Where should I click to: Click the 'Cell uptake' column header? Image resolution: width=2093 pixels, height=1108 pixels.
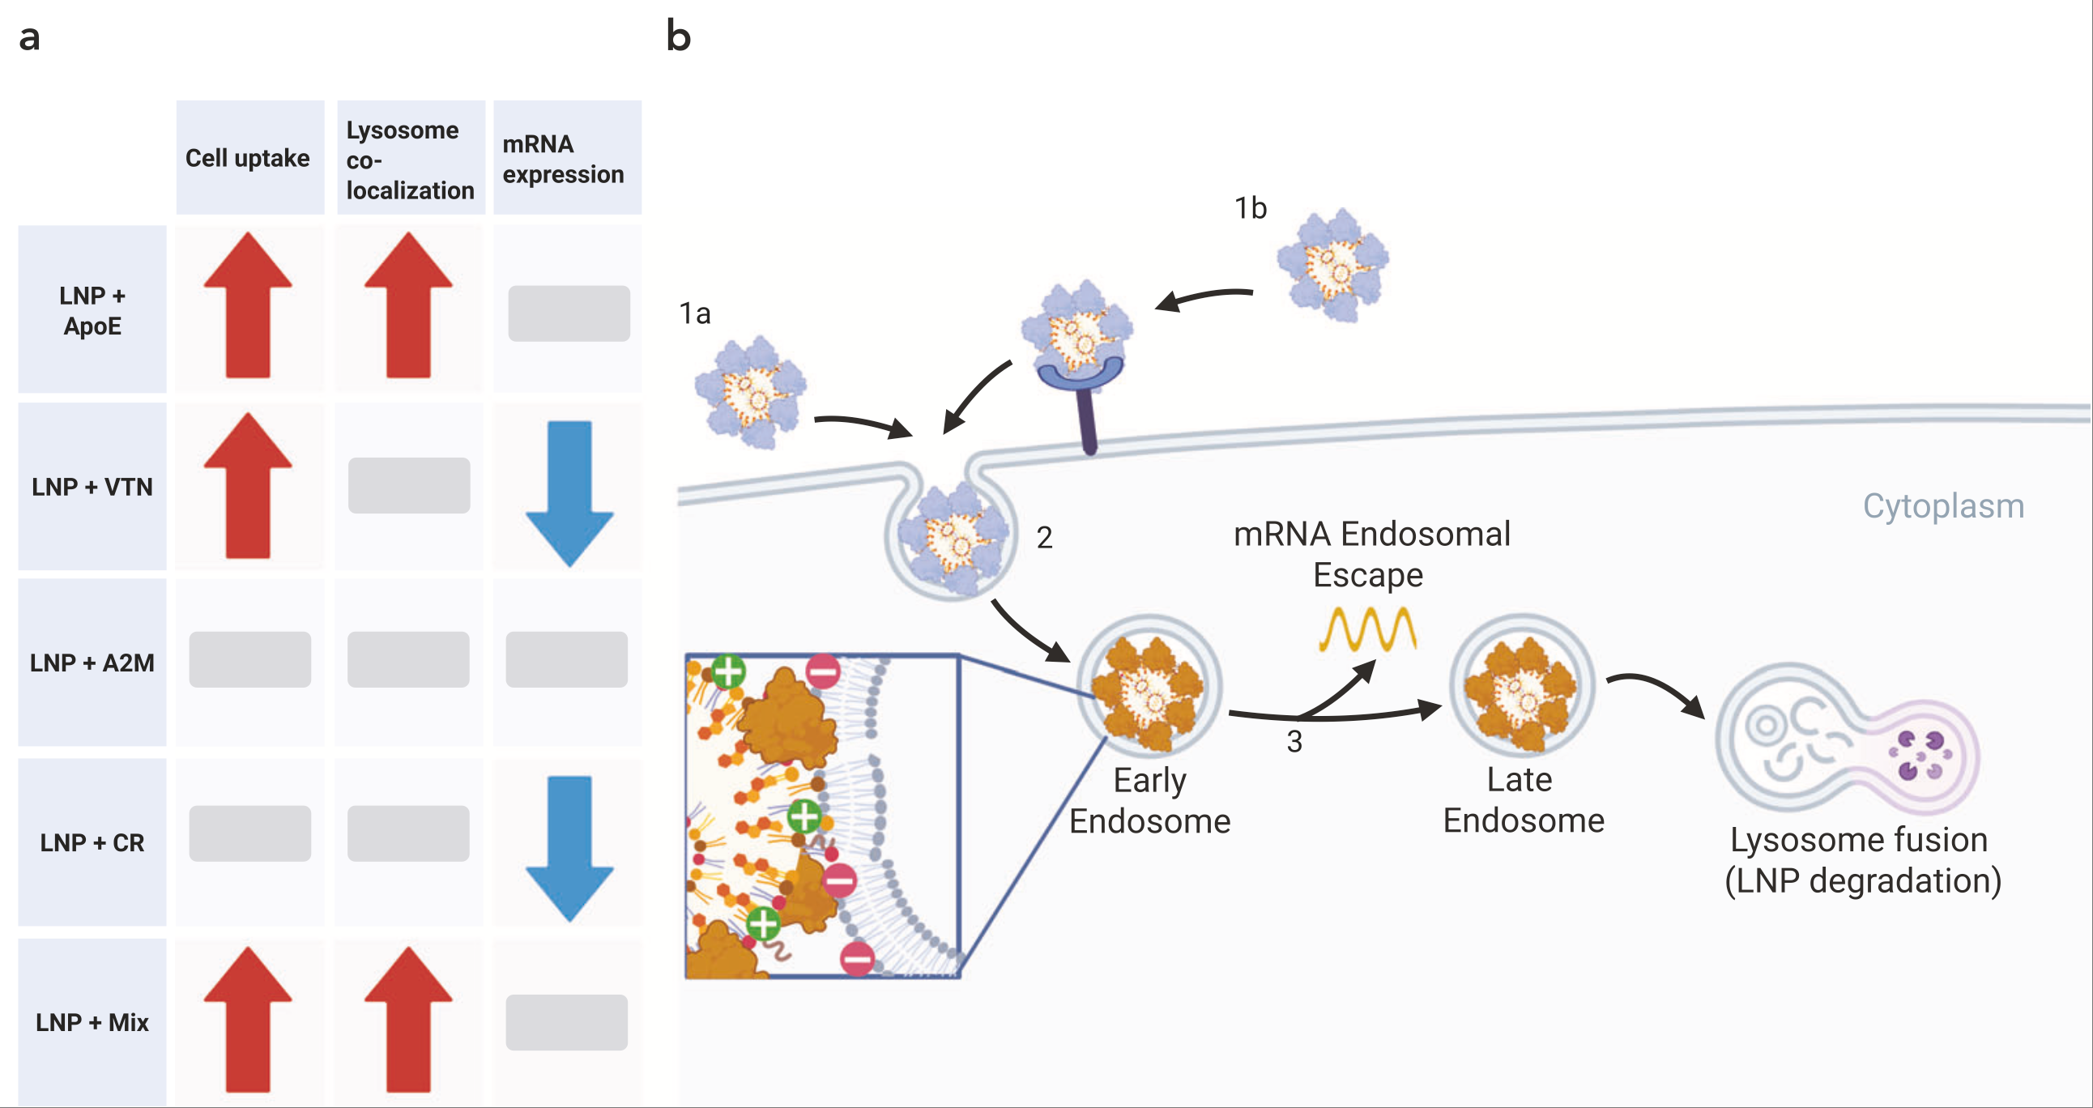(248, 158)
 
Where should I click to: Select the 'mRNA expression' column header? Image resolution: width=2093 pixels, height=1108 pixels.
(564, 159)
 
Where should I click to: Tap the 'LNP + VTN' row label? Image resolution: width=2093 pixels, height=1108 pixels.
(92, 487)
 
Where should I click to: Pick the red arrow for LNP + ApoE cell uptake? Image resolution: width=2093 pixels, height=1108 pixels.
(248, 305)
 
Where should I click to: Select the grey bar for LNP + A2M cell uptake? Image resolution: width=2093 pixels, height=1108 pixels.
(249, 659)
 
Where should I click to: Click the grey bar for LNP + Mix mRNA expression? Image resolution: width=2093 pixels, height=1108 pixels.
(566, 1022)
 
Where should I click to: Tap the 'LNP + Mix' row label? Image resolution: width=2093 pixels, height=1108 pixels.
(92, 1022)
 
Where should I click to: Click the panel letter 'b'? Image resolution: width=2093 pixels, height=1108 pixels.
(679, 36)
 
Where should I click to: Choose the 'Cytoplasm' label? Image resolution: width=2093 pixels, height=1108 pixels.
(1942, 506)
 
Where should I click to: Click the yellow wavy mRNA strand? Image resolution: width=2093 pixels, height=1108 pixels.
(1367, 629)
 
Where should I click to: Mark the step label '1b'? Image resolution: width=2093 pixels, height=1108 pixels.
(1251, 209)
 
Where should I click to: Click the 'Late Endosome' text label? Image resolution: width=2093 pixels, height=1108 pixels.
(1524, 800)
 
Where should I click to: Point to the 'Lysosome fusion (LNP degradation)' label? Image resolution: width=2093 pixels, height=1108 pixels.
(1862, 860)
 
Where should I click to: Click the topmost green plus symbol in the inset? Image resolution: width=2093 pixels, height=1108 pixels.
(728, 671)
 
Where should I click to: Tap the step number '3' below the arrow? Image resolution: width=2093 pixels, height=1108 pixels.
(1294, 742)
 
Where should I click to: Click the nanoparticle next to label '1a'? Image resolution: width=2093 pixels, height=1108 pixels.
(751, 392)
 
